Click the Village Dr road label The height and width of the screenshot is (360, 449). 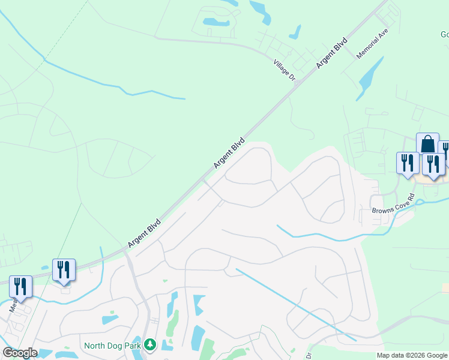pyautogui.click(x=285, y=70)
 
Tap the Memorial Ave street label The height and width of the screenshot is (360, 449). pyautogui.click(x=373, y=46)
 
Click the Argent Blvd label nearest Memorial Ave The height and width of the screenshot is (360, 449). pyautogui.click(x=332, y=55)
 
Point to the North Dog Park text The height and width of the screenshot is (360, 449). pyautogui.click(x=112, y=345)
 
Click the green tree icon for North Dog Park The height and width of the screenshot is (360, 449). pyautogui.click(x=149, y=345)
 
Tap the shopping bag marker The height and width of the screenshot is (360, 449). pyautogui.click(x=427, y=145)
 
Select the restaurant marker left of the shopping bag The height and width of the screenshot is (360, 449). pyautogui.click(x=407, y=163)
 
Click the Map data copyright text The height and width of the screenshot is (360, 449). pyautogui.click(x=412, y=355)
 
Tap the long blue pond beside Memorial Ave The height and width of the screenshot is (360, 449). pyautogui.click(x=370, y=78)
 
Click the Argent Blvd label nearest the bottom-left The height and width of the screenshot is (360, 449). pyautogui.click(x=144, y=233)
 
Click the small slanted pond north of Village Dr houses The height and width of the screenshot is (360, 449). pyautogui.click(x=295, y=31)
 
